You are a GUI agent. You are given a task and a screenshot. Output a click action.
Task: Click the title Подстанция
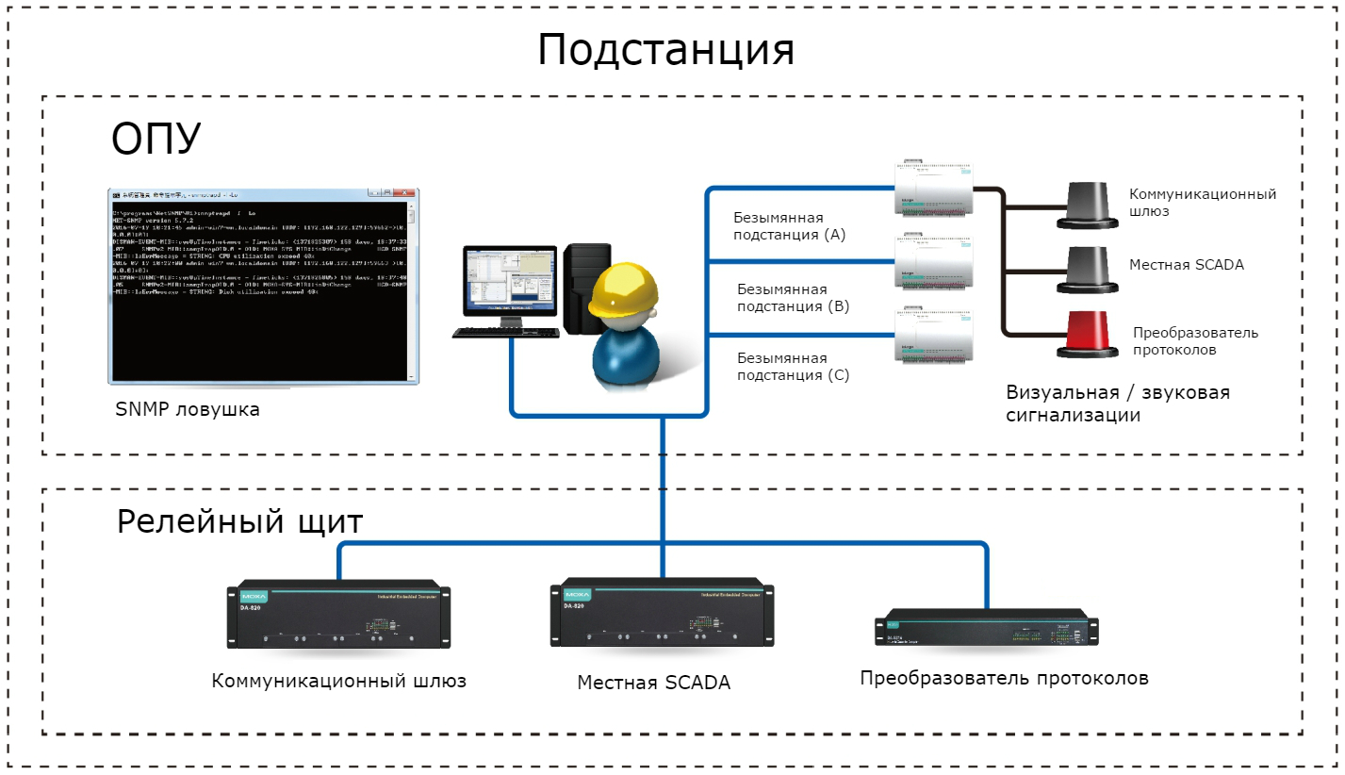click(x=665, y=50)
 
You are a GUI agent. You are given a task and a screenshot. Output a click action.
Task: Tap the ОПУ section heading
click(x=156, y=140)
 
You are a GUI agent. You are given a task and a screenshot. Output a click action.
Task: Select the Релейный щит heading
click(x=240, y=521)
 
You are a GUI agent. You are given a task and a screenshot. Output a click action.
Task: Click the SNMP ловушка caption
click(x=188, y=410)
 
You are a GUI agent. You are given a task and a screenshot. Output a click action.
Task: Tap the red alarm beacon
click(x=1094, y=335)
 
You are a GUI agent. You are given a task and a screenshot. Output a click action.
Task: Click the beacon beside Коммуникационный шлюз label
click(x=1094, y=203)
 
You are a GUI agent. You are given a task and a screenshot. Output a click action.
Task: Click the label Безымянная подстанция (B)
click(x=793, y=298)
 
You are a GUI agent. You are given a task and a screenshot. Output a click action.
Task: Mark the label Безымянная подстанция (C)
click(x=793, y=367)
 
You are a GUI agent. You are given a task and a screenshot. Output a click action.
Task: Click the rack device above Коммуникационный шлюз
click(x=338, y=614)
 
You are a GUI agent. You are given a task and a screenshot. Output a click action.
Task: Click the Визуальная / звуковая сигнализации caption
click(x=1117, y=404)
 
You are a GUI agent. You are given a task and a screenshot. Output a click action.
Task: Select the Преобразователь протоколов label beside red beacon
click(x=1195, y=341)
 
